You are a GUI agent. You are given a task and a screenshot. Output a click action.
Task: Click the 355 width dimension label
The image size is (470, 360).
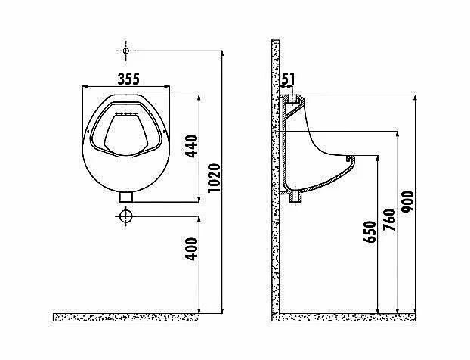[128, 79]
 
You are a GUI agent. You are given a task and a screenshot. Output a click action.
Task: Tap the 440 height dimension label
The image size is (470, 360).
[192, 146]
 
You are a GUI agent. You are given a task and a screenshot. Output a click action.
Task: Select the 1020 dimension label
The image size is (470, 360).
[215, 178]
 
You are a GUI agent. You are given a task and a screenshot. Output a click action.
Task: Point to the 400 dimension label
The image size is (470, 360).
[192, 249]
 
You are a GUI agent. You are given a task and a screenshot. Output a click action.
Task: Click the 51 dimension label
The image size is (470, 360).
[289, 79]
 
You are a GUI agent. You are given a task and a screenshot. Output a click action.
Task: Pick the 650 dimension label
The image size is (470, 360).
[370, 231]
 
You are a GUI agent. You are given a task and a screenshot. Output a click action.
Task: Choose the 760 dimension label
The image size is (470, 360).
[389, 220]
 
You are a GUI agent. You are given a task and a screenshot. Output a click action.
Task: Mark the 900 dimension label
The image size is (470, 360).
[407, 202]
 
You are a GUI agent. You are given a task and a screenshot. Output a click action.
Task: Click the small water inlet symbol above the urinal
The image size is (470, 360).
[126, 51]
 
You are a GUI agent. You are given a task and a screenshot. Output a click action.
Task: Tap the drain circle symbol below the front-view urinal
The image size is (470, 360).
[126, 216]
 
